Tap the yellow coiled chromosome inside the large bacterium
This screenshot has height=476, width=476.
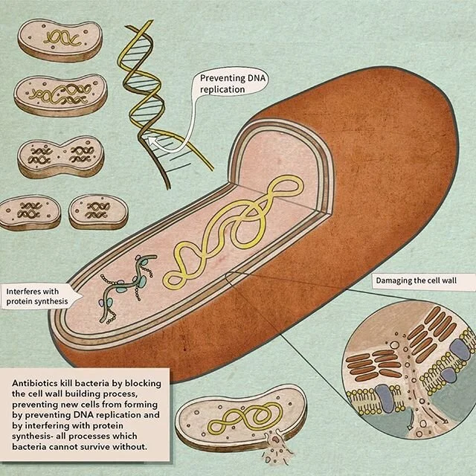click(223, 238)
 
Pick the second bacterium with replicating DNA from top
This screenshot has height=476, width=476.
click(59, 97)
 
